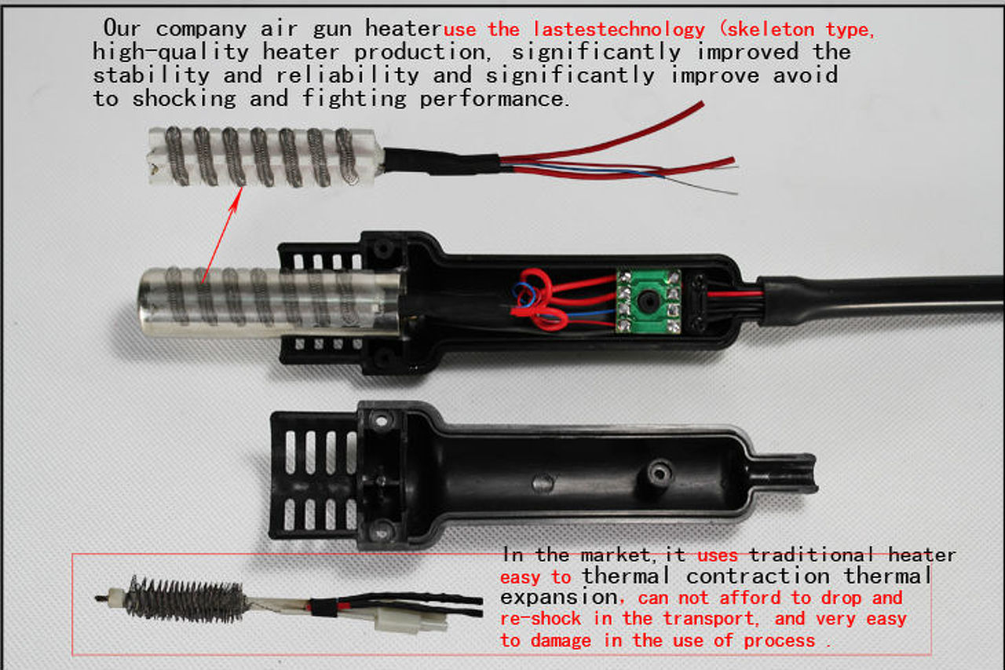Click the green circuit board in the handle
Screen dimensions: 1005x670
tap(649, 301)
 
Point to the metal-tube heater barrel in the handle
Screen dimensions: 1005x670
tap(269, 302)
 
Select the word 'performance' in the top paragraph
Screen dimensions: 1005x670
tap(492, 99)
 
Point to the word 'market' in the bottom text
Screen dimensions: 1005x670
tap(615, 555)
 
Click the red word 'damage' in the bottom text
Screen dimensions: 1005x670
tap(561, 640)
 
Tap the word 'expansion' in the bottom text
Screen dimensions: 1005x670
tap(559, 598)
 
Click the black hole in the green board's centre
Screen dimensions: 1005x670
tap(648, 298)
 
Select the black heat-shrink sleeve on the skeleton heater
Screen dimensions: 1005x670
tap(442, 162)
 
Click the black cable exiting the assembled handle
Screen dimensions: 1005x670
tap(879, 297)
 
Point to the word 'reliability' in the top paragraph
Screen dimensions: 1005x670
tap(347, 75)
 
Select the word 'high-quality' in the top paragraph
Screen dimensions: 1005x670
tap(170, 52)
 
